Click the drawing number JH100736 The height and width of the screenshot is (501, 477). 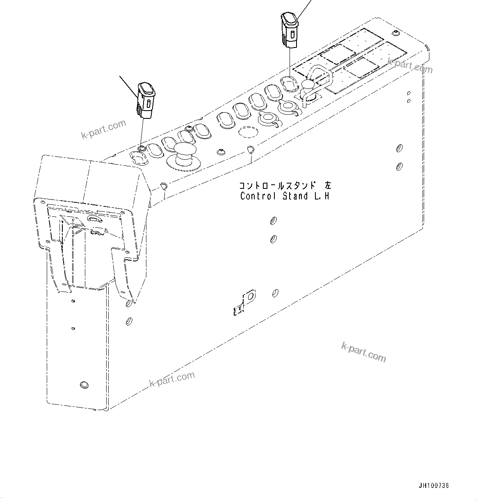pos(434,485)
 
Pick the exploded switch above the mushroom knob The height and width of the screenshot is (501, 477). pos(146,98)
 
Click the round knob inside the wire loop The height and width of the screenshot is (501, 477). pos(307,85)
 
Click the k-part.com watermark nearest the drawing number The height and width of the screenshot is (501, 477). pos(363,352)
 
